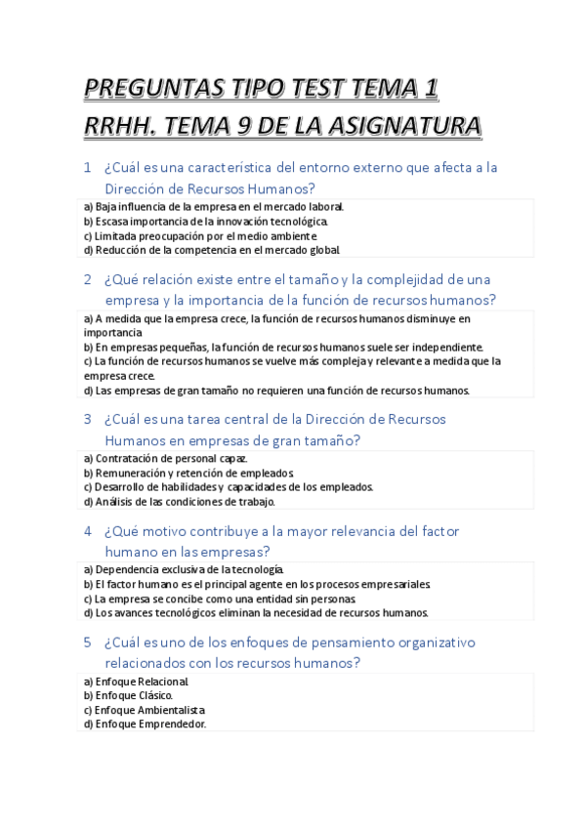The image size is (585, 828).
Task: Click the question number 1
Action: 88,167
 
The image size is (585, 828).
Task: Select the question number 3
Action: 88,419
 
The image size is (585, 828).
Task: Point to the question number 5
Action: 88,642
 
